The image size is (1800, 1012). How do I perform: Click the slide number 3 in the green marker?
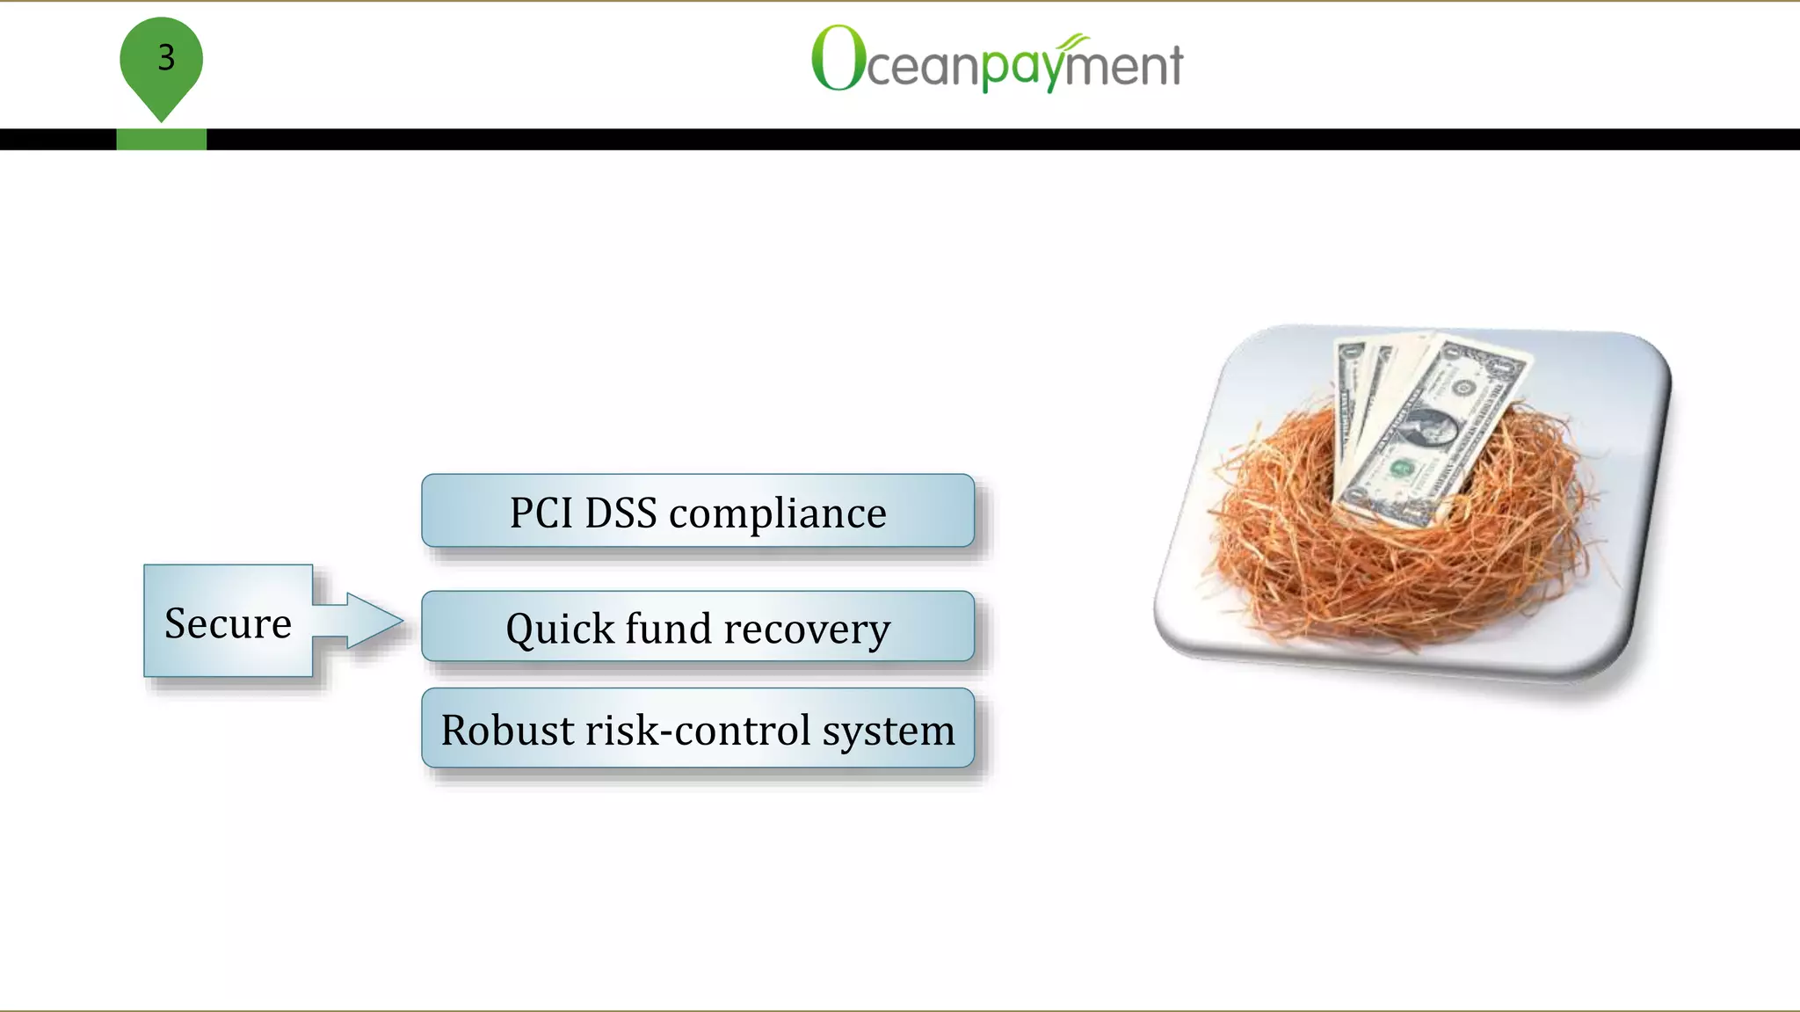point(166,58)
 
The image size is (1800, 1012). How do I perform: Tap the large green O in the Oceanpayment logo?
point(838,58)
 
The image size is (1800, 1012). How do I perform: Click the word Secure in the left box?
point(228,623)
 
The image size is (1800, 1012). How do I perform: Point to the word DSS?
point(621,513)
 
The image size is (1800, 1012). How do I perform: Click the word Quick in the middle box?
point(560,630)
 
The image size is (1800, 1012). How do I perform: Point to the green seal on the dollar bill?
point(1400,469)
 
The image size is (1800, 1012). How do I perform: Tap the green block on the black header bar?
point(162,139)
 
